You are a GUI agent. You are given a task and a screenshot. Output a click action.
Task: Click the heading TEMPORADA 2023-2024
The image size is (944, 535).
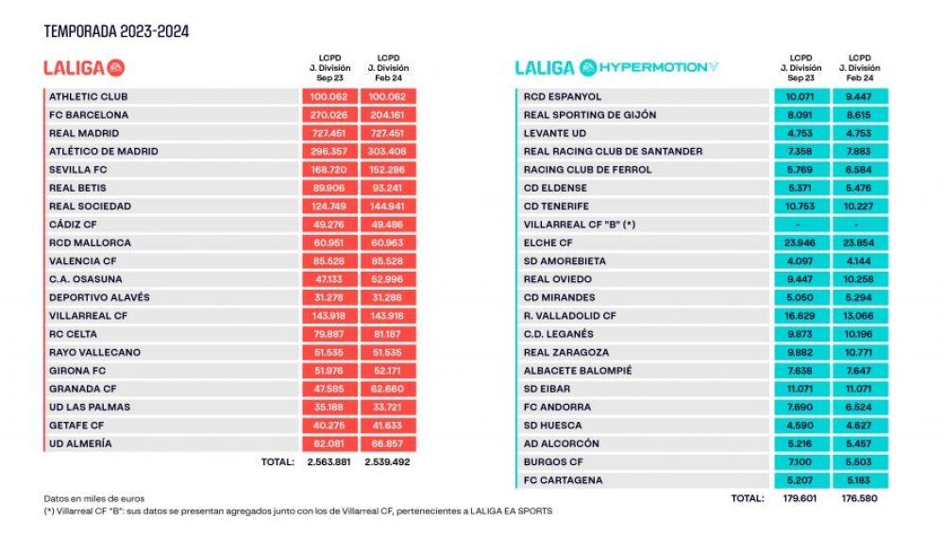point(116,31)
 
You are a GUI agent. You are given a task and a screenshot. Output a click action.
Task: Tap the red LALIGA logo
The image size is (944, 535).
point(84,68)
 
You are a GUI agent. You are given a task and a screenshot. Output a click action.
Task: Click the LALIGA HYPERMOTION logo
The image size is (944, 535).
point(616,67)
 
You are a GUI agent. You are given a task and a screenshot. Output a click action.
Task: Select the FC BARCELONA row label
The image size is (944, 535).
point(89,115)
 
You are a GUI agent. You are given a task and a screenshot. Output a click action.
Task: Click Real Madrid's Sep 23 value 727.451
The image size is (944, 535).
point(329,133)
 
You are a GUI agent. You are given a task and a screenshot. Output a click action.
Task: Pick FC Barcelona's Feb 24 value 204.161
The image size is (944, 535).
point(387,115)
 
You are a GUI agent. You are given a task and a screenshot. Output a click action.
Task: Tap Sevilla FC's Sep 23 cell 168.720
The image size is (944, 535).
point(329,170)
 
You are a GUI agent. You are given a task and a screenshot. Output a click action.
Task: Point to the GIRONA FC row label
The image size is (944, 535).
point(77,371)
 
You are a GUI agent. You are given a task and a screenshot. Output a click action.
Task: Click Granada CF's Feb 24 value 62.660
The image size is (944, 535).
point(387,389)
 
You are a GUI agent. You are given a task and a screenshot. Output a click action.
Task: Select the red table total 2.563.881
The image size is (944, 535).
point(329,462)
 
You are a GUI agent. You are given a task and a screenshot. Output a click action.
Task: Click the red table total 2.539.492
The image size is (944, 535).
point(387,462)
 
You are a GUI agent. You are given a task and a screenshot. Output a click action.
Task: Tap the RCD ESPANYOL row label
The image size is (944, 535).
point(563,96)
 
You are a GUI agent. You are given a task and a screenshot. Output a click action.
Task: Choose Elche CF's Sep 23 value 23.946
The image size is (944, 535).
point(800,242)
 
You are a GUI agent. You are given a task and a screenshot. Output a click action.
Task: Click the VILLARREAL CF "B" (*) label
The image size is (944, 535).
point(580,225)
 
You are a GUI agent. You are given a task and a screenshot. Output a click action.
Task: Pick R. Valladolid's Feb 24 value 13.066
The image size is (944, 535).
point(858,316)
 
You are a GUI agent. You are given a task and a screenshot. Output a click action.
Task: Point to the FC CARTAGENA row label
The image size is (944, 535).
point(563,480)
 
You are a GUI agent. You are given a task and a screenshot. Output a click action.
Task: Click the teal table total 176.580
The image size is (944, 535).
point(859,498)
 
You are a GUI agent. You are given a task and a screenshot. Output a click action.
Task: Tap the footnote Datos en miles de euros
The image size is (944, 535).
point(93,498)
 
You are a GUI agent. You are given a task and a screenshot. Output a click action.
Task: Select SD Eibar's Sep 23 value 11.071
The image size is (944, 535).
point(800,389)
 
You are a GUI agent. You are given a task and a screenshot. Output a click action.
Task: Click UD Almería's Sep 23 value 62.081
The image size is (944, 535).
point(329,443)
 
